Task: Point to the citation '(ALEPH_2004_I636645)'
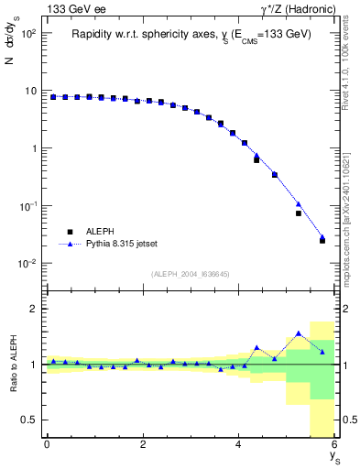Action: [190, 273]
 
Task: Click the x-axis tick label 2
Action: [143, 444]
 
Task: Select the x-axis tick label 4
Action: [239, 444]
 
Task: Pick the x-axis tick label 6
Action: [334, 444]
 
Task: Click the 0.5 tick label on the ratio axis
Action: [29, 420]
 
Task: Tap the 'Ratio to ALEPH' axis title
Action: [12, 365]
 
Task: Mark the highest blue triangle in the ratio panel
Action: [299, 333]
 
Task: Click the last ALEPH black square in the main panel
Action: [322, 241]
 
